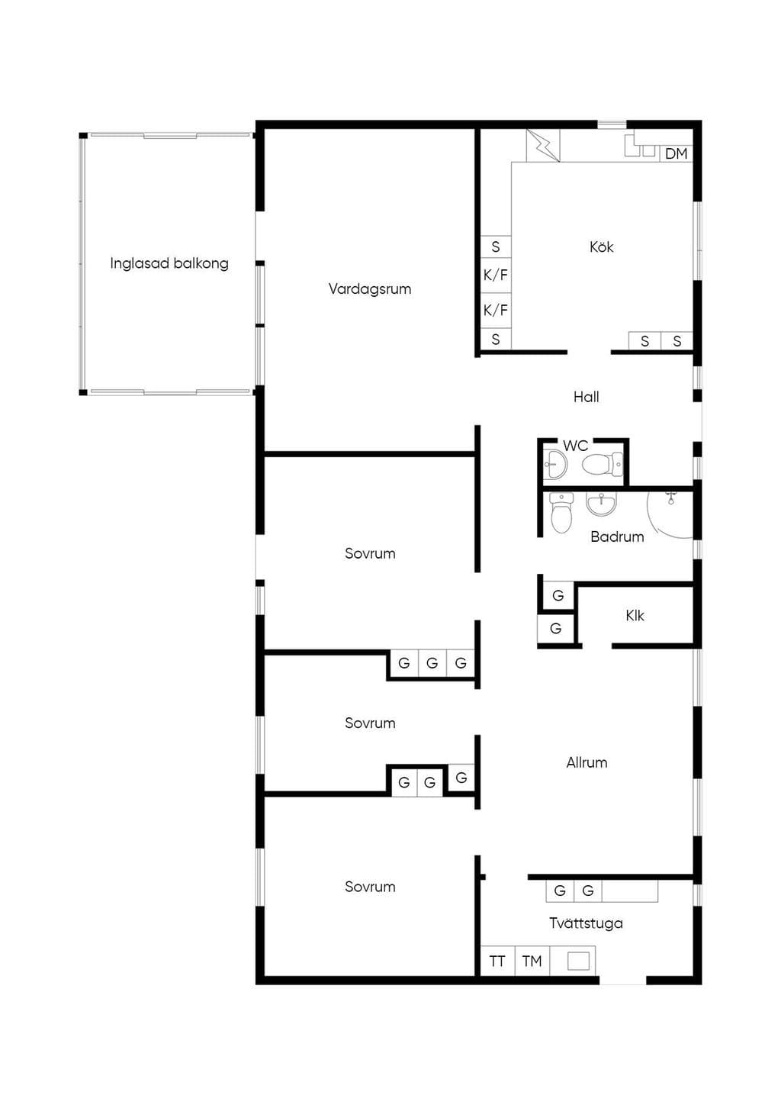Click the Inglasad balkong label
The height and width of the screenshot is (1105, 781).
point(169,263)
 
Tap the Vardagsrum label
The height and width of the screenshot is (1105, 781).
point(370,288)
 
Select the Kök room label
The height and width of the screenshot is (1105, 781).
point(601,246)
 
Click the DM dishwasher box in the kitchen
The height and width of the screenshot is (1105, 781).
point(677,154)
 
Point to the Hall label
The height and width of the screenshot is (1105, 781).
point(587,397)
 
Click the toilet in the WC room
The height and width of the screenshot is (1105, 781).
point(602,464)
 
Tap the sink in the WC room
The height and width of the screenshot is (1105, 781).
point(555,464)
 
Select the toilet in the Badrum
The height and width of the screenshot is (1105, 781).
point(561,513)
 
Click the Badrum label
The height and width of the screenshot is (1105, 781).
point(617,536)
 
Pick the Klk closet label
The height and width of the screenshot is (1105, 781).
point(635,615)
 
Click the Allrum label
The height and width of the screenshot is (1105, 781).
point(587,762)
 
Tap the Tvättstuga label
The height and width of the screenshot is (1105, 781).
point(586,923)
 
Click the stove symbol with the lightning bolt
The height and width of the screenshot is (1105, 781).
point(543,146)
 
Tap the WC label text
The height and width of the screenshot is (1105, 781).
point(575,446)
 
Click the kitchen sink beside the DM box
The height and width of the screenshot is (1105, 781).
point(641,146)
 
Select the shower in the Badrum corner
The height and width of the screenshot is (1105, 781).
point(670,514)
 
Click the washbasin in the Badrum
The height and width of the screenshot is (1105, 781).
point(601,504)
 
